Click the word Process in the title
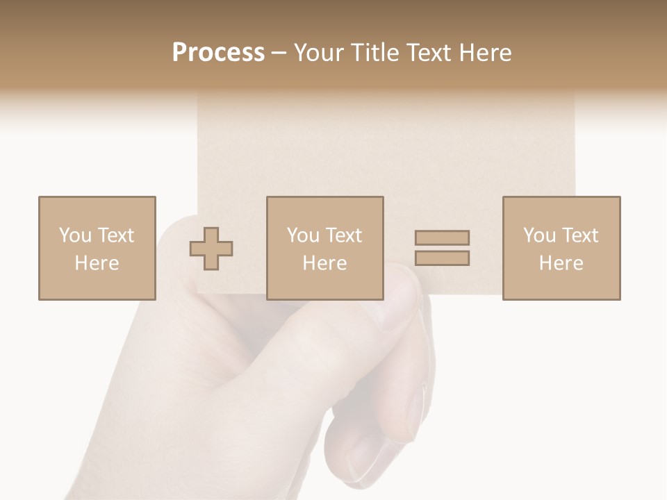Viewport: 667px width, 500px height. tap(218, 53)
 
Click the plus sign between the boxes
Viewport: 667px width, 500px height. tap(211, 249)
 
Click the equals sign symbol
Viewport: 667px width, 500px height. tap(442, 248)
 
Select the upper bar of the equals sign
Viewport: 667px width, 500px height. tap(442, 238)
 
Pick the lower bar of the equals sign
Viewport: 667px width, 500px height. tap(442, 258)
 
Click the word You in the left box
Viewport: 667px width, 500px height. tap(74, 235)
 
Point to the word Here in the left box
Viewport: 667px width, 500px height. tap(97, 263)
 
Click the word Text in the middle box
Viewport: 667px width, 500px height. tap(343, 235)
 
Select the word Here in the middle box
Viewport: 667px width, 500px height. tap(324, 263)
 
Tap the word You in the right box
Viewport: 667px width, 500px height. tap(539, 235)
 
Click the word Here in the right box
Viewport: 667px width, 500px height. tap(561, 263)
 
